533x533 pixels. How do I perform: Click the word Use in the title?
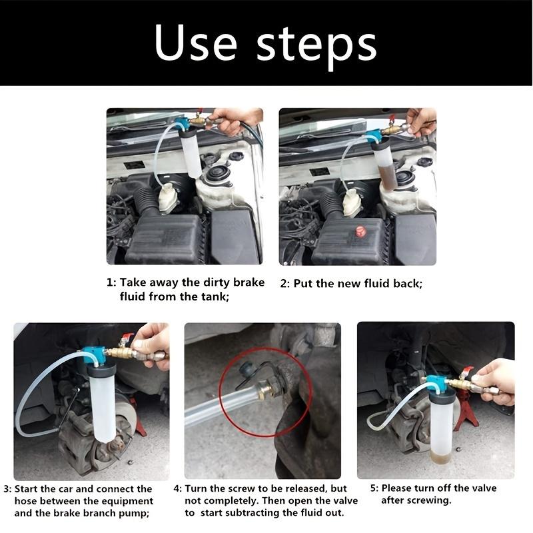click(x=195, y=44)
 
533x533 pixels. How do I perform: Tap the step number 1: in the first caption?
click(x=111, y=282)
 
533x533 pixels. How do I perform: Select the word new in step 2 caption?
click(x=348, y=283)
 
